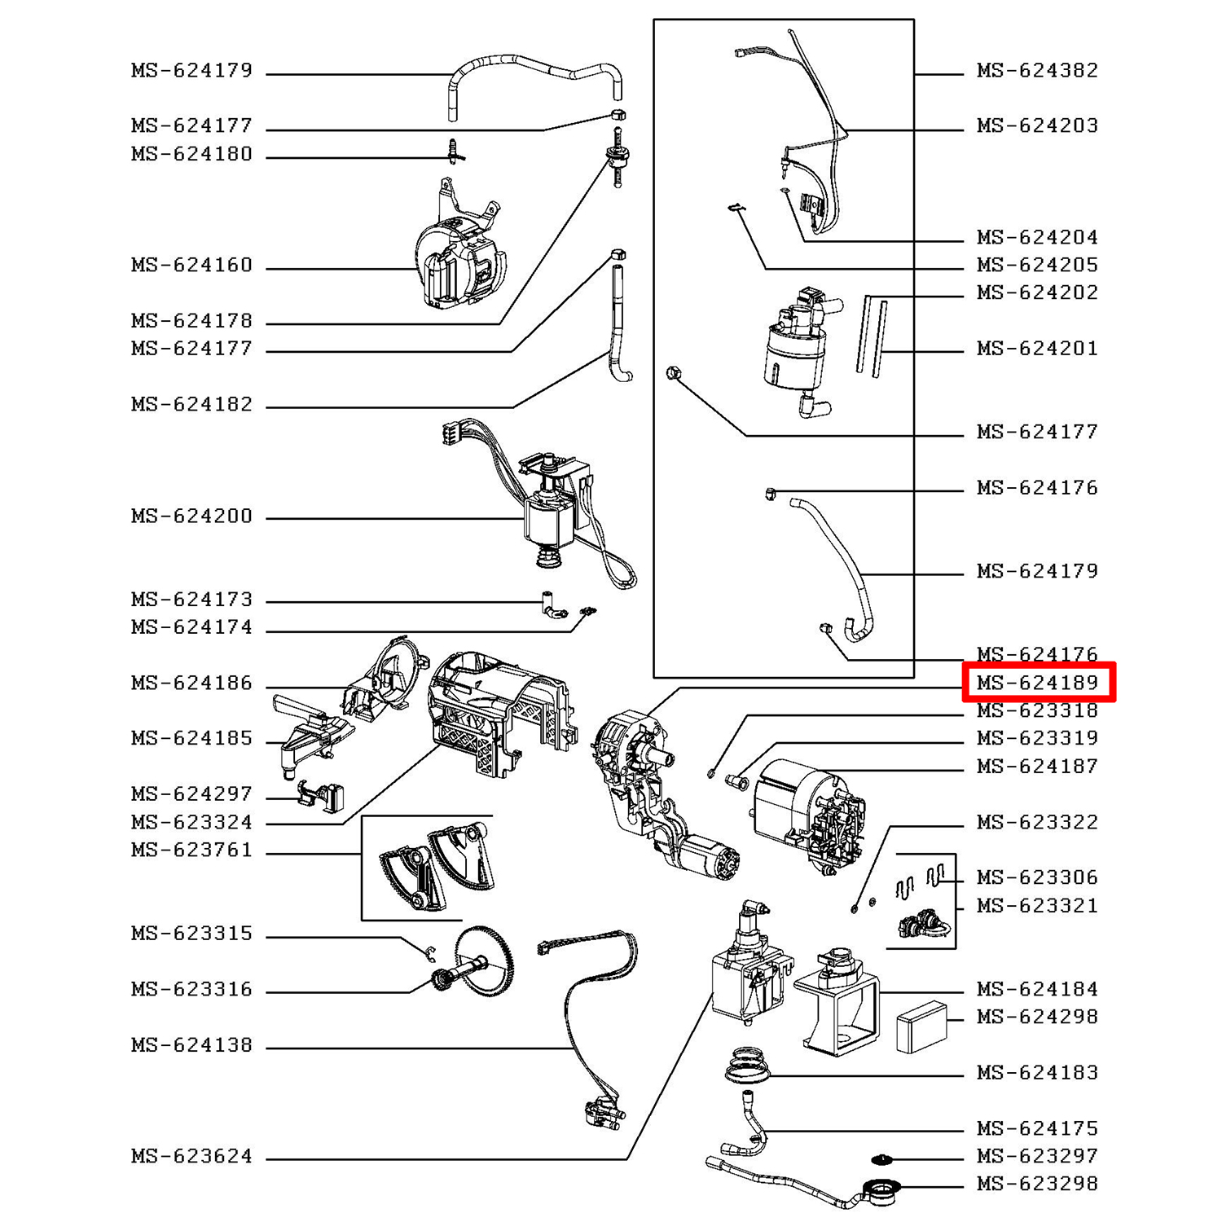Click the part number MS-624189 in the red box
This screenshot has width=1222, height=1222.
point(1037,682)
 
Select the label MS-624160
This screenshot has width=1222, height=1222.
point(191,265)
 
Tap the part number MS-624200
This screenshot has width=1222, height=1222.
point(191,516)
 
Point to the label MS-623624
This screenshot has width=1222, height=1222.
point(191,1156)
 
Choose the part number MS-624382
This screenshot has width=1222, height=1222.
point(1037,70)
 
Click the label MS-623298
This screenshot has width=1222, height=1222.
point(1037,1183)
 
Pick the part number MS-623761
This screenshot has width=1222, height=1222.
point(191,850)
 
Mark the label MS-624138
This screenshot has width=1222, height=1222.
point(191,1044)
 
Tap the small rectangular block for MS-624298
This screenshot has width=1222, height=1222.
point(921,1027)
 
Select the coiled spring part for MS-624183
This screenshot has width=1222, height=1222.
point(746,1065)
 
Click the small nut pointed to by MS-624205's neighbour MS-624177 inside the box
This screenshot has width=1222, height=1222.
point(673,374)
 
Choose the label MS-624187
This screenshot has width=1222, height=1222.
point(1037,766)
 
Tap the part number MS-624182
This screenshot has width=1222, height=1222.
point(191,404)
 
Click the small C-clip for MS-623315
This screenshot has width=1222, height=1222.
point(431,953)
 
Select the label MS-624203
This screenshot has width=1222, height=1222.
point(1037,125)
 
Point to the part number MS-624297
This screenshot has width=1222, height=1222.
point(191,793)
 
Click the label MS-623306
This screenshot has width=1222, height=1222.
point(1037,877)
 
